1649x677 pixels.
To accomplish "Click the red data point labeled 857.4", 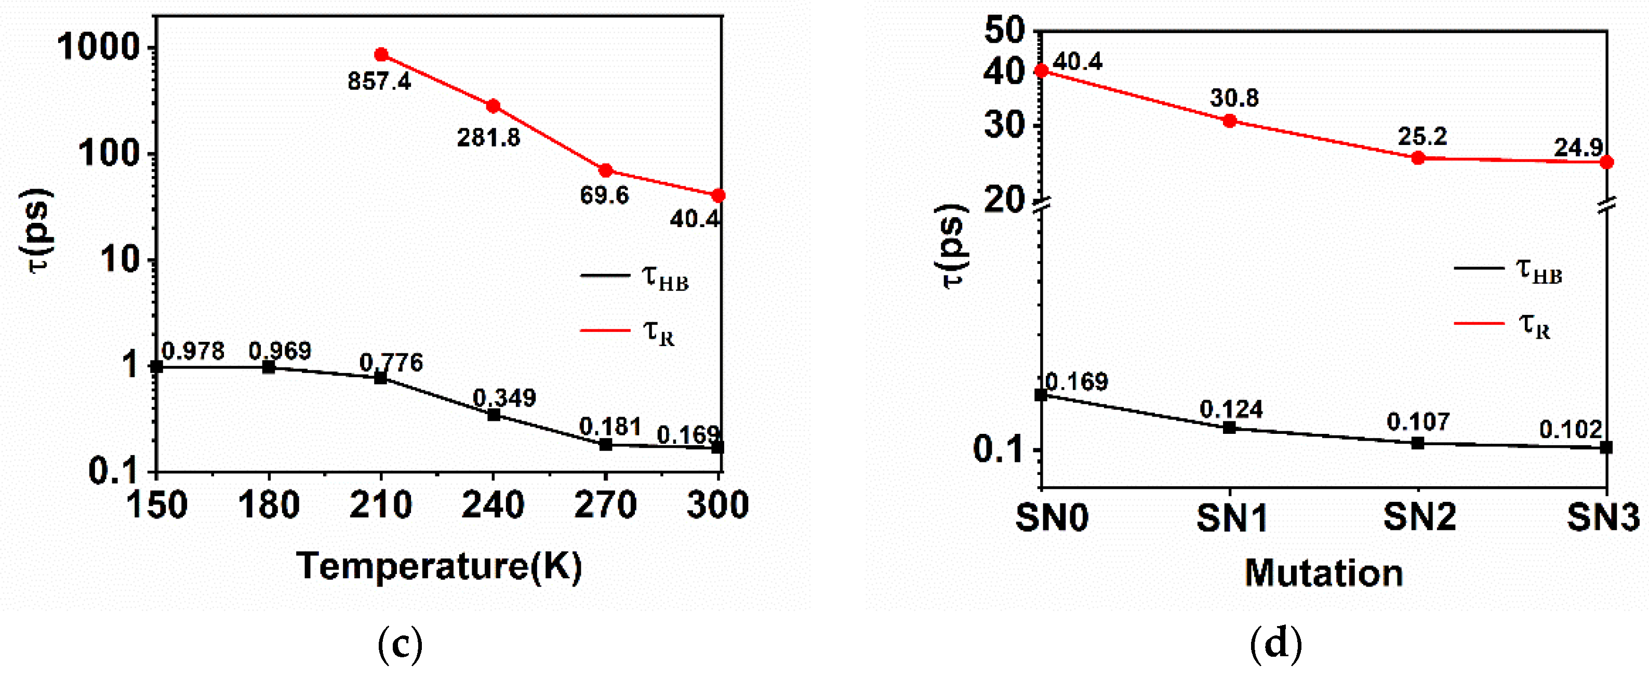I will pos(381,55).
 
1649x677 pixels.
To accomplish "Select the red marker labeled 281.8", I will pos(493,106).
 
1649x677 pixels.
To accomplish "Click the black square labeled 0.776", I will pos(381,378).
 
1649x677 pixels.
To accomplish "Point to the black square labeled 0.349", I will pos(494,415).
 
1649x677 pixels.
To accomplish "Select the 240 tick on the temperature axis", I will pos(493,505).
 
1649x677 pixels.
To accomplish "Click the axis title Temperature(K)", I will pos(439,566).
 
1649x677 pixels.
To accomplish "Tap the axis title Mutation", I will pos(1323,573).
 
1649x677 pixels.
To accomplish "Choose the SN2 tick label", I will pos(1419,517).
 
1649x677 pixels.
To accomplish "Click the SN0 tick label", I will pos(1052,517).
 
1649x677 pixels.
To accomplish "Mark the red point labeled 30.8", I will pos(1230,121).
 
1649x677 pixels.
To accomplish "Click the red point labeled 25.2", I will pos(1418,158).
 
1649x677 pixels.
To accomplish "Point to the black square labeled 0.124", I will pos(1230,428).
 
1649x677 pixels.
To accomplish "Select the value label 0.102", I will pos(1570,429).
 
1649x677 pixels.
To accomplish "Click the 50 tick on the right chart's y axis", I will pos(1004,30).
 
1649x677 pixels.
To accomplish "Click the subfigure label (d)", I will pos(1276,644).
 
